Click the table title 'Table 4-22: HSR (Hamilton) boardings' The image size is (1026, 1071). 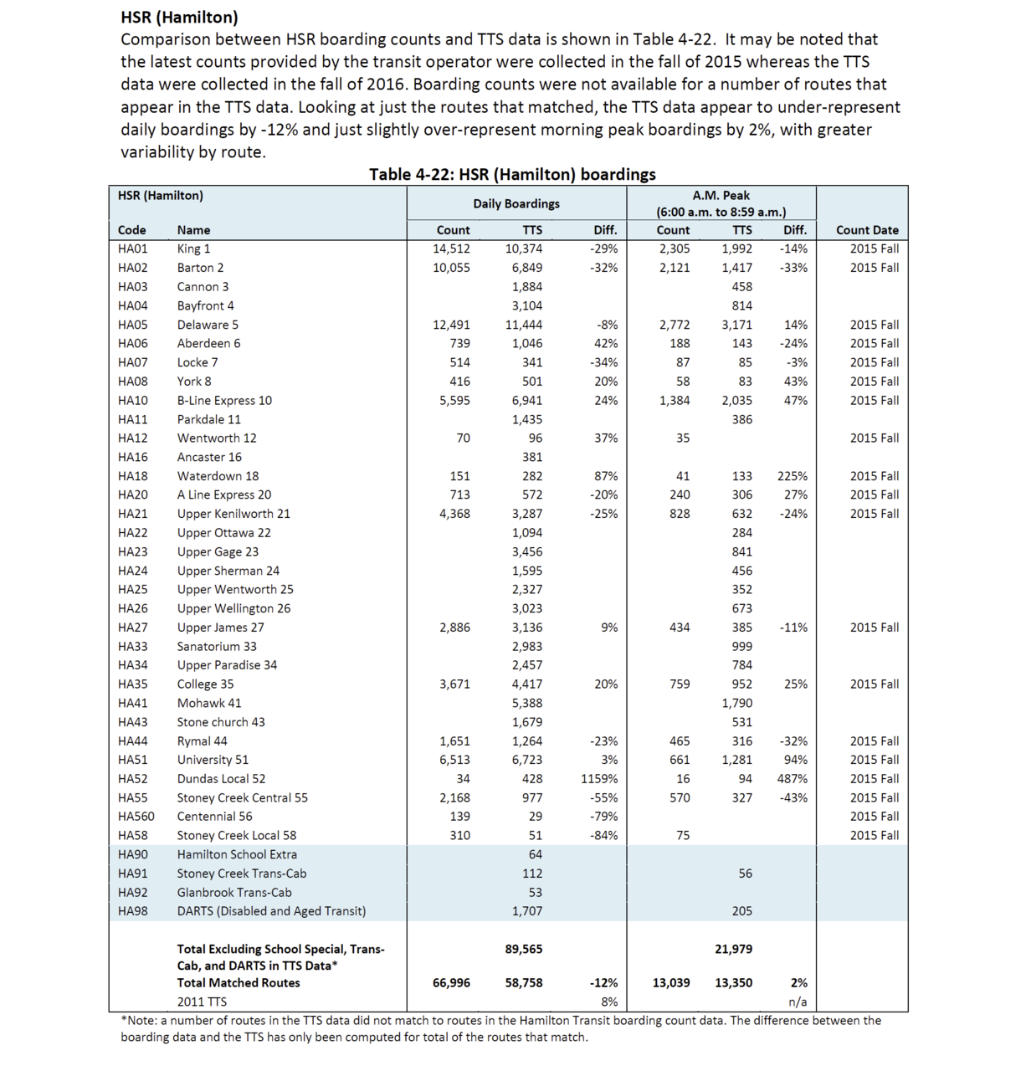click(x=512, y=174)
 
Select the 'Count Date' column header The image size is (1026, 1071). click(x=867, y=230)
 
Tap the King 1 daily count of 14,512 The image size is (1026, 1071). click(x=451, y=249)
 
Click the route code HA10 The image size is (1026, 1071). click(x=132, y=400)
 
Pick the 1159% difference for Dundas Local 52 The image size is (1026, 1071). click(x=599, y=779)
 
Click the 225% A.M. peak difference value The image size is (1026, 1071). click(x=792, y=476)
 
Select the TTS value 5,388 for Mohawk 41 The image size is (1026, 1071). click(x=526, y=703)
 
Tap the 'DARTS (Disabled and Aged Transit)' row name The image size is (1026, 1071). click(x=271, y=911)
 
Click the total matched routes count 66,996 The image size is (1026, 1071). click(x=451, y=983)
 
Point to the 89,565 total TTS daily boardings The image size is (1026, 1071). click(x=524, y=949)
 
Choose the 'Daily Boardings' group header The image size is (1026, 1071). click(x=516, y=203)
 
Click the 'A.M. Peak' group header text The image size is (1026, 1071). click(x=721, y=196)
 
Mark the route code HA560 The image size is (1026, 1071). click(x=136, y=817)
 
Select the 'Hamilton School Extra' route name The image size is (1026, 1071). click(x=237, y=854)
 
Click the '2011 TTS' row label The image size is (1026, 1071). click(x=202, y=1002)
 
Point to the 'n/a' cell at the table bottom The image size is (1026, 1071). click(x=797, y=1002)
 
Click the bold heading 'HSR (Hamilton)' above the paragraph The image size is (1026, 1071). click(x=179, y=17)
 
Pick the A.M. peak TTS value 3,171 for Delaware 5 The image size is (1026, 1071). click(x=736, y=325)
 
